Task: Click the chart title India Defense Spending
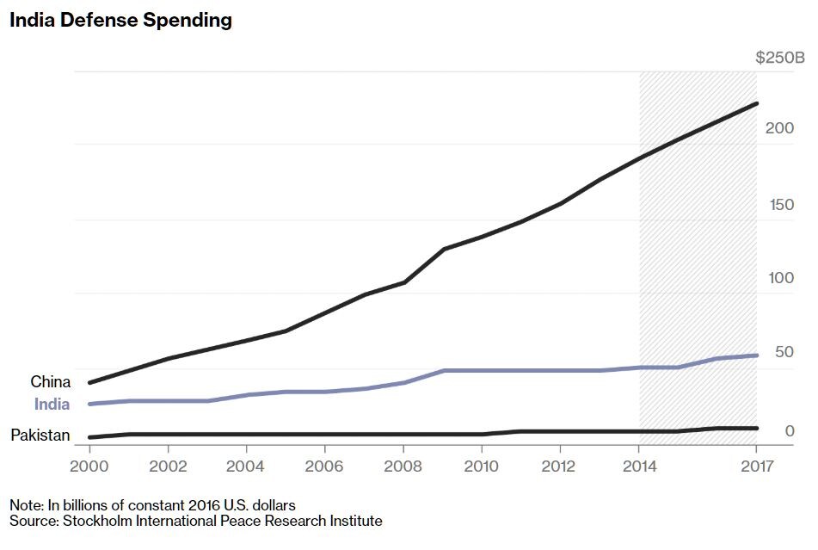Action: (x=120, y=21)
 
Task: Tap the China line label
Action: (x=51, y=381)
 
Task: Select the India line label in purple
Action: (x=52, y=405)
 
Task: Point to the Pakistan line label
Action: (x=40, y=436)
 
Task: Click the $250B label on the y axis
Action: (x=779, y=59)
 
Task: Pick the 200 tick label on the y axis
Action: (x=779, y=128)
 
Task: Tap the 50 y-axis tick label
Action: (x=784, y=352)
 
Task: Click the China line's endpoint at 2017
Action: (x=757, y=104)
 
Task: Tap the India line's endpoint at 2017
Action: (x=757, y=355)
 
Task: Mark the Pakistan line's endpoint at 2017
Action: (x=757, y=428)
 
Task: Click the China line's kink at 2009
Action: (x=443, y=250)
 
